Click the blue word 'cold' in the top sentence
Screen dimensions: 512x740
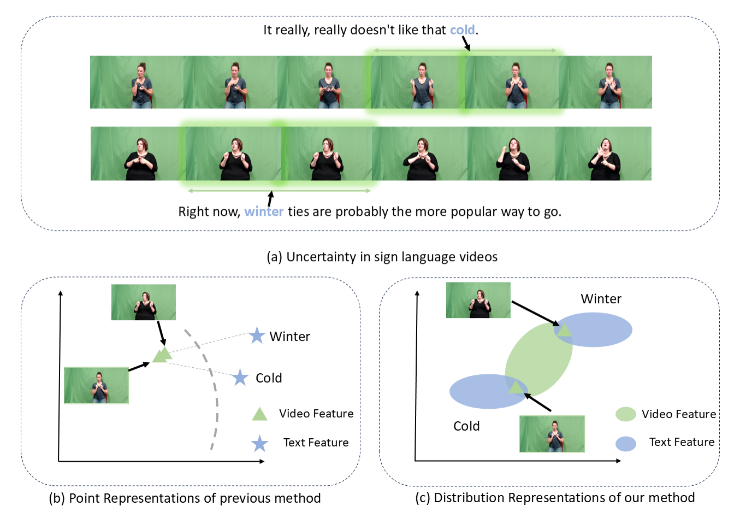[x=462, y=30]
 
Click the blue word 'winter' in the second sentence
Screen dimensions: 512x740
[x=264, y=211]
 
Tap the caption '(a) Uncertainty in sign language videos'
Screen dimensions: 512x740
[x=382, y=257]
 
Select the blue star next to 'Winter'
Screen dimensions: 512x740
[x=257, y=336]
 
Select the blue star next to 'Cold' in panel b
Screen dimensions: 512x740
[x=240, y=378]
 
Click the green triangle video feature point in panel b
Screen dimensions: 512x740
[x=162, y=355]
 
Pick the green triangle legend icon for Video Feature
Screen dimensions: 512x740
[x=259, y=414]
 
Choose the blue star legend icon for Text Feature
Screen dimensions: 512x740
[x=259, y=443]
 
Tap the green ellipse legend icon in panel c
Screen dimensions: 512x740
[x=625, y=414]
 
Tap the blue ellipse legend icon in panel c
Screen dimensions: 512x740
[x=625, y=443]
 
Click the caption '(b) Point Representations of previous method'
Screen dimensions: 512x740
[x=185, y=498]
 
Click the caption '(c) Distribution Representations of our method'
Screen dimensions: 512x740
[x=555, y=498]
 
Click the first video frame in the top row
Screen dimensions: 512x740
[x=137, y=82]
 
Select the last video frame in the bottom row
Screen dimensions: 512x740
[x=603, y=154]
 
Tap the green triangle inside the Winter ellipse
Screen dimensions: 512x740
[x=564, y=329]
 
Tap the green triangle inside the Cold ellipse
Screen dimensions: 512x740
[x=516, y=387]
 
